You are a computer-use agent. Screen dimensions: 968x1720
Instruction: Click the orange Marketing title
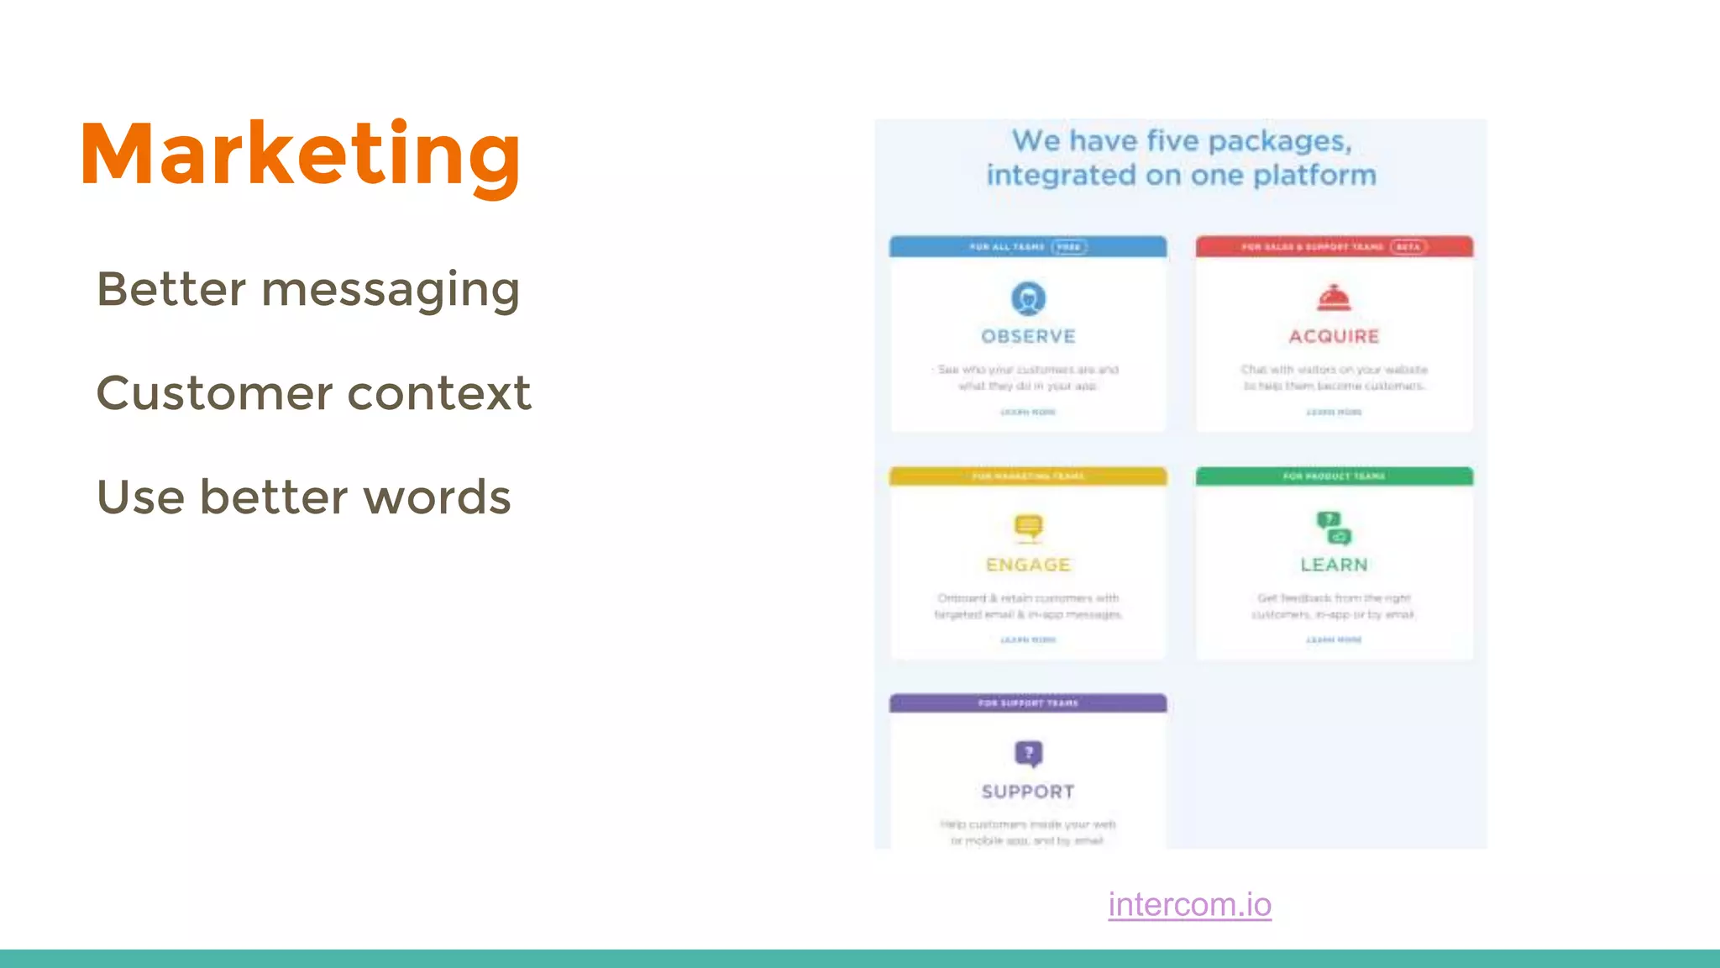(300, 155)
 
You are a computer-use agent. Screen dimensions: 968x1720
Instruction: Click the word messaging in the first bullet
(391, 291)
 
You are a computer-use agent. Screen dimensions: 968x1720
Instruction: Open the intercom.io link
(1189, 905)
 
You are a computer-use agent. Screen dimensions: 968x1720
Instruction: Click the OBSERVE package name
(1028, 337)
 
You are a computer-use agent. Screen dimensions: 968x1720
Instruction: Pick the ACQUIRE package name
(1334, 337)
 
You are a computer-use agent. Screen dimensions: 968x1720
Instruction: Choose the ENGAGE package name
(1028, 566)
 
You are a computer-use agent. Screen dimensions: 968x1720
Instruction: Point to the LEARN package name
(1334, 566)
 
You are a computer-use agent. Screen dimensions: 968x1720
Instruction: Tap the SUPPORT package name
(1028, 792)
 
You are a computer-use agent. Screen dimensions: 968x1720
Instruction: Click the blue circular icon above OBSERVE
(1028, 298)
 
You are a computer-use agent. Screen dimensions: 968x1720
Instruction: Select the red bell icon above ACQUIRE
(1334, 297)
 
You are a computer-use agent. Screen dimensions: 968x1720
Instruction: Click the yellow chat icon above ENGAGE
(1028, 527)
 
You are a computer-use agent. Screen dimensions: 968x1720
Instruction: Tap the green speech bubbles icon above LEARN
(1334, 528)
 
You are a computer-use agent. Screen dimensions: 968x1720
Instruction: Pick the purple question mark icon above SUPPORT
(1028, 754)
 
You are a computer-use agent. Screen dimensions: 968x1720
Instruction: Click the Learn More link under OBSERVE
(1028, 413)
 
